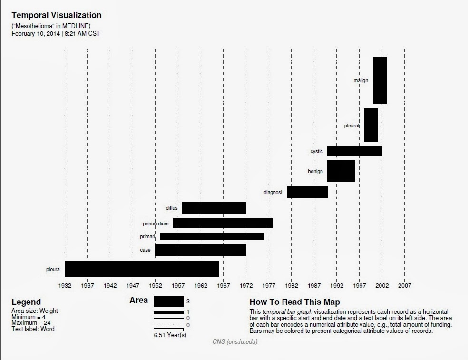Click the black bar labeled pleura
tap(142, 269)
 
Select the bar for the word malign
tap(380, 80)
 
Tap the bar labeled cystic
tap(354, 151)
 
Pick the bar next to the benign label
tap(341, 171)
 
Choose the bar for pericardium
tap(223, 223)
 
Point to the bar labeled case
tap(200, 250)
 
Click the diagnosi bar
tap(307, 192)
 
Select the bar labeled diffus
tap(214, 208)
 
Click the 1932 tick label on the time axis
tap(65, 286)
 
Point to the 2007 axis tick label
tap(404, 286)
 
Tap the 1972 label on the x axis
tap(246, 286)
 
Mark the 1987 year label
tap(314, 286)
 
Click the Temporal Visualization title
tap(56, 15)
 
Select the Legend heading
tap(26, 302)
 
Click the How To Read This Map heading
tap(294, 302)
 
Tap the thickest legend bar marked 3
tap(168, 302)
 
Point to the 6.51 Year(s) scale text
tap(170, 335)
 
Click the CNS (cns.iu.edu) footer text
tap(235, 341)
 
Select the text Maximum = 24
tap(31, 323)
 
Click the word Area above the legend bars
tap(138, 300)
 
